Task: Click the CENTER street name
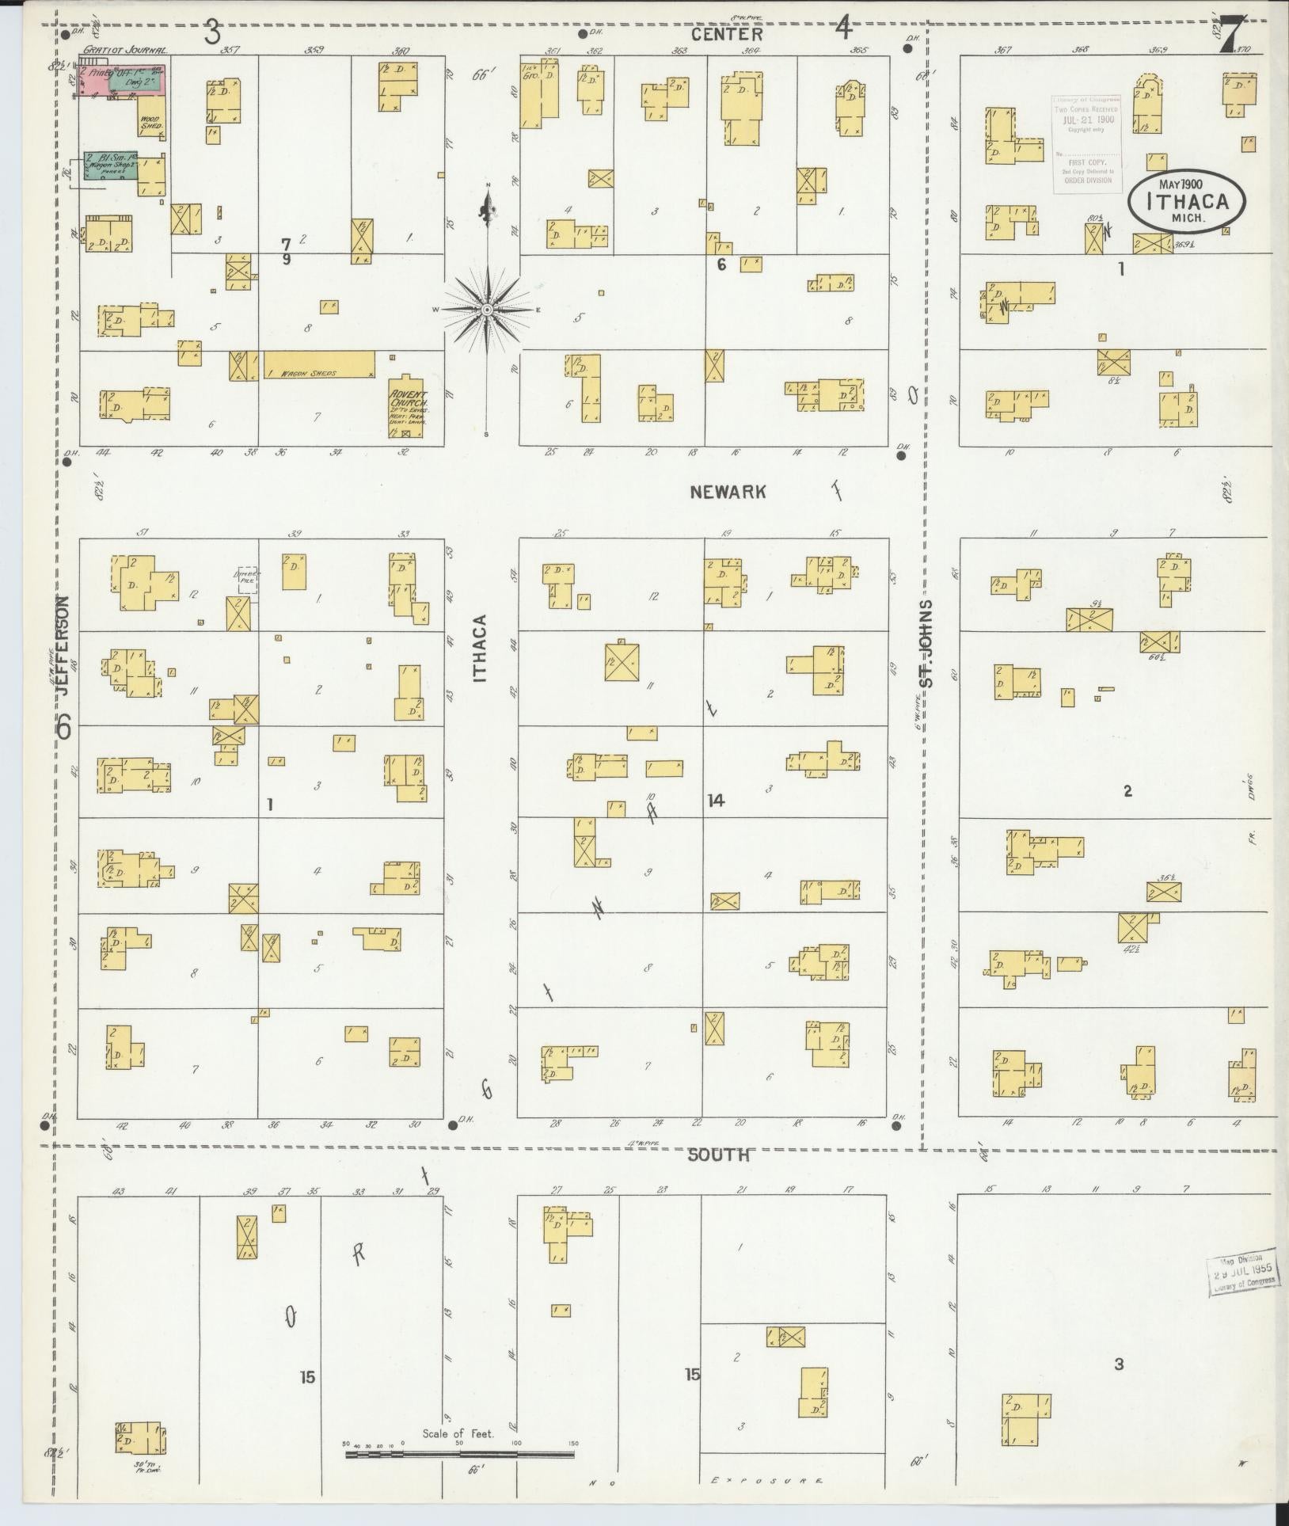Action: point(726,34)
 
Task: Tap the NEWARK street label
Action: point(728,492)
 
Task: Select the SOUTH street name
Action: point(718,1155)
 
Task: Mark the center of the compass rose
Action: point(488,309)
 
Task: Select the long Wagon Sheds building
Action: point(318,364)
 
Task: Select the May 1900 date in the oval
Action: point(1180,184)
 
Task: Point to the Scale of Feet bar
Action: point(459,1455)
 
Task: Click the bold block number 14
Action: point(716,801)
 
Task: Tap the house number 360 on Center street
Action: point(401,51)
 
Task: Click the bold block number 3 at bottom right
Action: point(1118,1364)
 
